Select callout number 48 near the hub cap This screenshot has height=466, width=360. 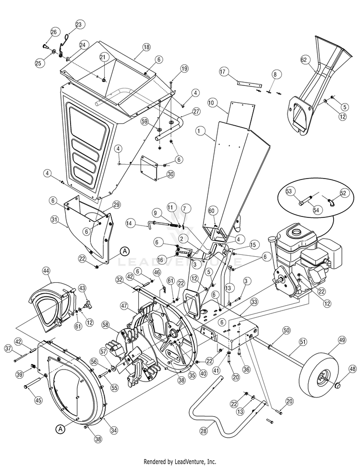(x=352, y=369)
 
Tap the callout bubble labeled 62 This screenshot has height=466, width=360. (x=303, y=60)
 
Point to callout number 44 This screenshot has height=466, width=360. (x=46, y=271)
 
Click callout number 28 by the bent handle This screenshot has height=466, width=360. (x=204, y=431)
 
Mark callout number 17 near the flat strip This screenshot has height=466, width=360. (x=223, y=71)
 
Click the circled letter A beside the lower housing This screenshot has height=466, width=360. (x=60, y=428)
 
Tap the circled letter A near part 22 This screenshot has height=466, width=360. (x=124, y=251)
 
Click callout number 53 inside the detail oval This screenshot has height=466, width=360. (x=289, y=191)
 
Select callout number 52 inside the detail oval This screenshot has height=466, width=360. (x=343, y=192)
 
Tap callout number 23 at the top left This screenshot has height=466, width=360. (x=79, y=24)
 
